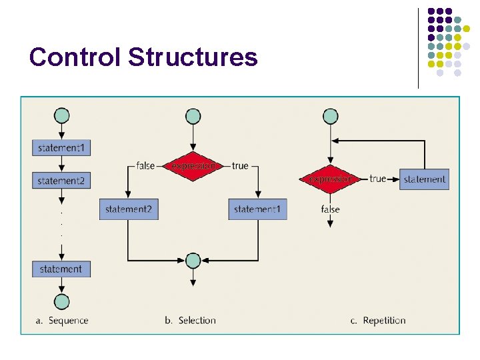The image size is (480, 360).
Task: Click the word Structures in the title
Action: click(x=193, y=57)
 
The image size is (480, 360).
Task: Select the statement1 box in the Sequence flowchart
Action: click(x=61, y=147)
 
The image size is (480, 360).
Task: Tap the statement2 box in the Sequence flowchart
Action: click(x=61, y=180)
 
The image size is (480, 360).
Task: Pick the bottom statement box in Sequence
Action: click(x=61, y=269)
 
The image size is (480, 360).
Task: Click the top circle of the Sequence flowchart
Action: click(x=61, y=115)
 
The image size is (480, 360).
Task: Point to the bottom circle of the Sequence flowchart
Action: click(x=61, y=301)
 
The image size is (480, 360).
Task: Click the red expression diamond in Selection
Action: click(x=193, y=165)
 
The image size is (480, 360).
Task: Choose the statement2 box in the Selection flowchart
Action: click(x=128, y=209)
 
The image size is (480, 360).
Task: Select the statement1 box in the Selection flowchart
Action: click(x=257, y=209)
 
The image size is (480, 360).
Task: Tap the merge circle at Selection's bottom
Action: click(x=193, y=259)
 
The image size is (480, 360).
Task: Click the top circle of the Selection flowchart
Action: click(x=193, y=116)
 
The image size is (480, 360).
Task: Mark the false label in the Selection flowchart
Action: click(x=145, y=165)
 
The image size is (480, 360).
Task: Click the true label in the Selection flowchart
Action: click(x=240, y=165)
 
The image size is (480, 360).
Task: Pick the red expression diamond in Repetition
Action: click(x=330, y=179)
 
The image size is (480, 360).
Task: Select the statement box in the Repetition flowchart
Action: click(x=424, y=179)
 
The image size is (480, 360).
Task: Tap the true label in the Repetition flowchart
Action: click(x=377, y=179)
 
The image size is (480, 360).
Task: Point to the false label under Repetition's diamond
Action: click(x=330, y=209)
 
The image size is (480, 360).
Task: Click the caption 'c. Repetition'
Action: click(x=378, y=321)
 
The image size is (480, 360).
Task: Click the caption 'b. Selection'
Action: click(x=190, y=321)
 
